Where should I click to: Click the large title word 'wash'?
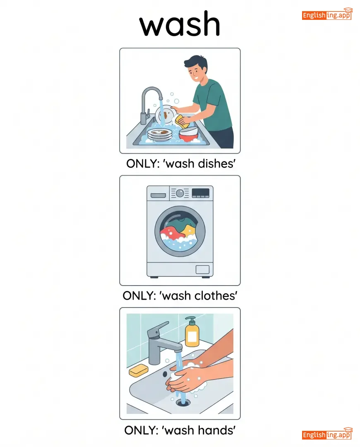click(x=180, y=24)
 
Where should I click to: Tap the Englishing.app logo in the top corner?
click(x=327, y=14)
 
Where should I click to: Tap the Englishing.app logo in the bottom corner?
click(x=327, y=434)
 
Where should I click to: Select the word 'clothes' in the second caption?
click(x=216, y=296)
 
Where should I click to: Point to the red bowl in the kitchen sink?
click(x=189, y=135)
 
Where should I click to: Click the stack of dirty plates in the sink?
click(x=160, y=134)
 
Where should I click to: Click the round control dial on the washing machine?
click(x=180, y=193)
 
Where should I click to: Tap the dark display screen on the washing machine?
click(x=200, y=193)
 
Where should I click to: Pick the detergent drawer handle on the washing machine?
click(x=158, y=195)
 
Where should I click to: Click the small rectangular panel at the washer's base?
click(x=202, y=269)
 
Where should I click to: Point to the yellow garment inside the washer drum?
click(x=189, y=230)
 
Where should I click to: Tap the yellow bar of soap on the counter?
click(x=139, y=370)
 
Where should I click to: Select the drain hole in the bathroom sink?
click(x=183, y=402)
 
